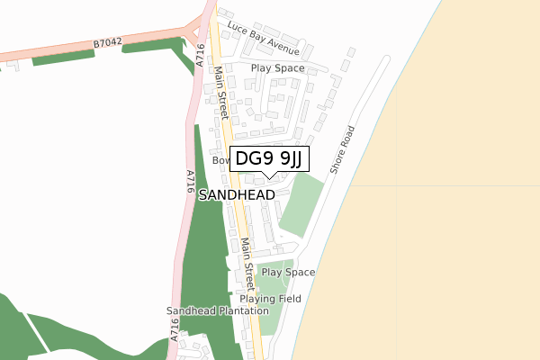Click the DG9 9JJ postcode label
coord(270,159)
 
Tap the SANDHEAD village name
coord(237,194)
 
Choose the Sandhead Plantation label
coord(217,311)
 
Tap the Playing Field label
coord(269,299)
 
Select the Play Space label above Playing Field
coord(288,272)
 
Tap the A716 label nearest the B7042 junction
coord(200,55)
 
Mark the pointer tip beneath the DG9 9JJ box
coord(270,175)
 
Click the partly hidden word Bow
coord(221,160)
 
